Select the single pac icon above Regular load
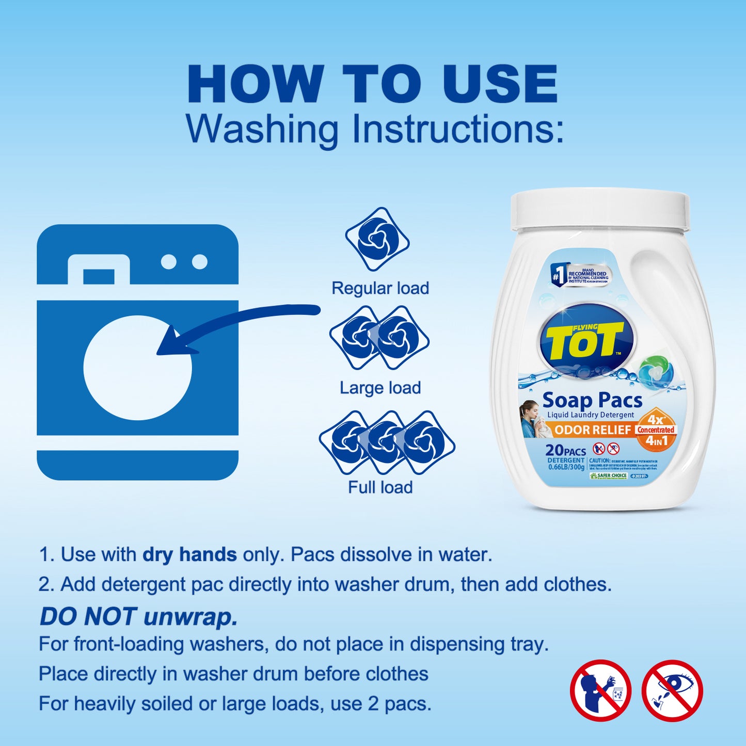377,240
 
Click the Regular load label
380,288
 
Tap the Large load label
380,388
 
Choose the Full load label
380,487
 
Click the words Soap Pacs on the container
592,401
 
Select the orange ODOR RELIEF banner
593,430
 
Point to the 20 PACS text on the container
565,451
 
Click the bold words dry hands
189,554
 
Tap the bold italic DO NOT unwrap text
138,616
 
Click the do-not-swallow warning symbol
600,690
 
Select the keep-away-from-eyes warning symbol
672,690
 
